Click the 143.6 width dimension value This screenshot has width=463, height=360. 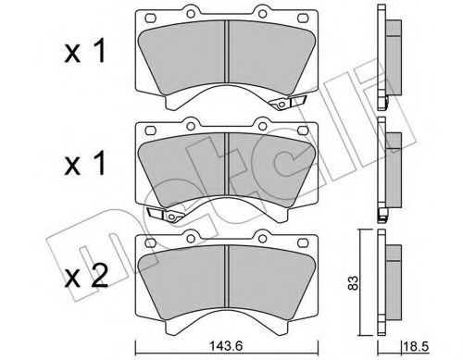click(226, 345)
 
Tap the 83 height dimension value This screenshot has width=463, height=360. click(354, 282)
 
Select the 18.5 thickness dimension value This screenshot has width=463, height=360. click(416, 346)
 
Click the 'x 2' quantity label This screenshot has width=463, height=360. click(86, 276)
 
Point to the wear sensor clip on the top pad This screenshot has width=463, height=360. click(288, 103)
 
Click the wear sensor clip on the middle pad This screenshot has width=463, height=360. click(166, 215)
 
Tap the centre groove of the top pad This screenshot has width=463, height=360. click(227, 52)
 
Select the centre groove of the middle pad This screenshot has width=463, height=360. click(227, 164)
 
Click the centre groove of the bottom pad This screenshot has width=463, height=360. click(227, 277)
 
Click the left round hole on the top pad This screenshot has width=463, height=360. click(191, 14)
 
